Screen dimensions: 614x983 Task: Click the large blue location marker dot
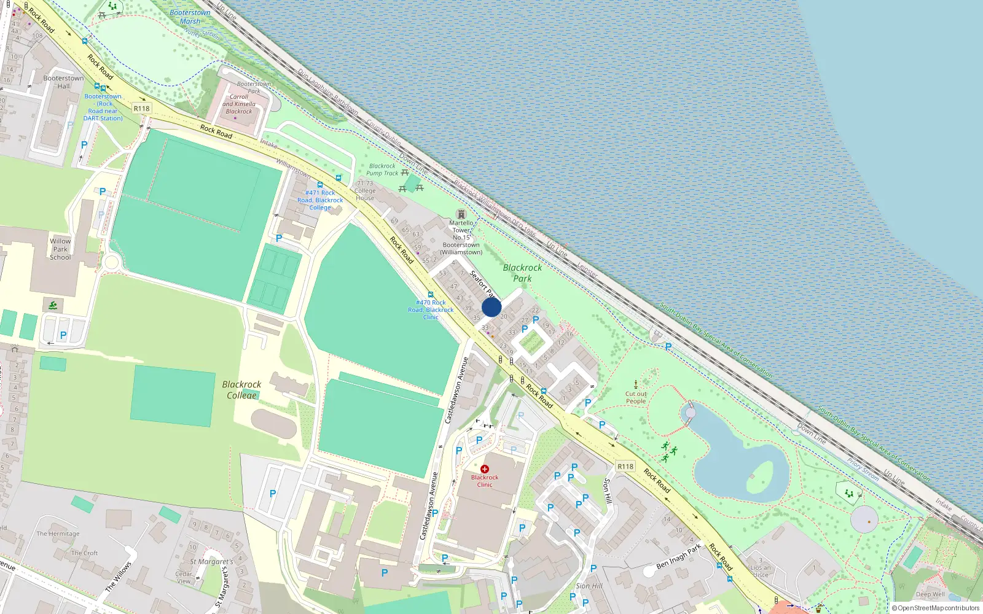[x=491, y=307]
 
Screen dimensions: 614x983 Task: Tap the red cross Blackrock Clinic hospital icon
[x=485, y=469]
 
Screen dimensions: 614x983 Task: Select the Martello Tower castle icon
[x=461, y=214]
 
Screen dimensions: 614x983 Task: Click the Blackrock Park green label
[x=522, y=273]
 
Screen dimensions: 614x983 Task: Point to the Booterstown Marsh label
[x=190, y=17]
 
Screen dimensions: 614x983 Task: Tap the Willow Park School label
[x=60, y=249]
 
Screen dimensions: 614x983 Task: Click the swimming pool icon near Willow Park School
[x=53, y=305]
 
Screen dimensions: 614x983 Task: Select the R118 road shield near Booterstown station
[x=141, y=109]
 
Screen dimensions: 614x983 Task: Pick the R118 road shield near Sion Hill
[x=625, y=467]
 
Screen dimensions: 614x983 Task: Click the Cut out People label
[x=636, y=398]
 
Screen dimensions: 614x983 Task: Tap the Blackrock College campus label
[x=241, y=390]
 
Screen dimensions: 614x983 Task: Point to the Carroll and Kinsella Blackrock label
[x=239, y=104]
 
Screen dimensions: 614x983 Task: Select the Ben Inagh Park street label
[x=678, y=556]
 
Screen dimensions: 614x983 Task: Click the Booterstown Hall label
[x=63, y=82]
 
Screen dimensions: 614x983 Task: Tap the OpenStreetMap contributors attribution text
[x=936, y=608]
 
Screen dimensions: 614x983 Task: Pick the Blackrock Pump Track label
[x=382, y=169]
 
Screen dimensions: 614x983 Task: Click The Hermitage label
[x=58, y=534]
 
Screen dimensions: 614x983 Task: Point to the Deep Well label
[x=930, y=594]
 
